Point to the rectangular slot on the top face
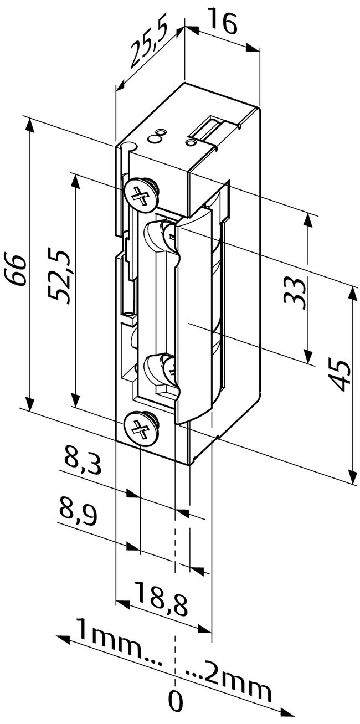coord(206,129)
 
